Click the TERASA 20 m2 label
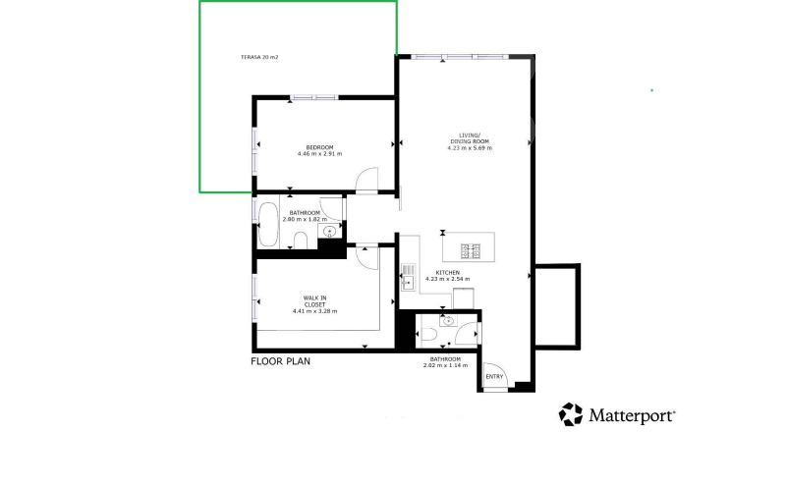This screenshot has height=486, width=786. (x=259, y=57)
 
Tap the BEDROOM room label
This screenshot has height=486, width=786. (x=320, y=147)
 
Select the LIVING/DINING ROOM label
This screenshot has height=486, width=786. (x=470, y=138)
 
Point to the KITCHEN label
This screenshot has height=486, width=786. (x=448, y=273)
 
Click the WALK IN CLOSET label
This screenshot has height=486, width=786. (x=314, y=301)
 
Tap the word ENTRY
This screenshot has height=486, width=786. (x=494, y=377)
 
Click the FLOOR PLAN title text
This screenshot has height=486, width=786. (x=280, y=361)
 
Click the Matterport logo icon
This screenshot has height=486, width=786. (x=571, y=414)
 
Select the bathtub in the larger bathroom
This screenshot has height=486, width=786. (x=268, y=225)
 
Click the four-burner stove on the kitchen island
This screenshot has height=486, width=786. (x=471, y=251)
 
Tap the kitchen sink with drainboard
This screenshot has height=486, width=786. (x=409, y=278)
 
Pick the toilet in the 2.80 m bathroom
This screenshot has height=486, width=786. (x=301, y=241)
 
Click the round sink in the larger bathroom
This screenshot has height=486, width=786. (x=329, y=231)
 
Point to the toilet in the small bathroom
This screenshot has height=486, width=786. (x=428, y=334)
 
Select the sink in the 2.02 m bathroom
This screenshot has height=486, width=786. (x=449, y=321)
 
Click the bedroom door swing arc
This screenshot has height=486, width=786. (x=366, y=180)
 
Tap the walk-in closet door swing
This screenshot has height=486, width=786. (x=366, y=257)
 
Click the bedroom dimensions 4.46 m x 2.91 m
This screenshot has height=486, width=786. (x=320, y=154)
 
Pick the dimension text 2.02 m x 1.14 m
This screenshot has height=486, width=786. (x=446, y=365)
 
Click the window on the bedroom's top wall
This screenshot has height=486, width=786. (x=314, y=97)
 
